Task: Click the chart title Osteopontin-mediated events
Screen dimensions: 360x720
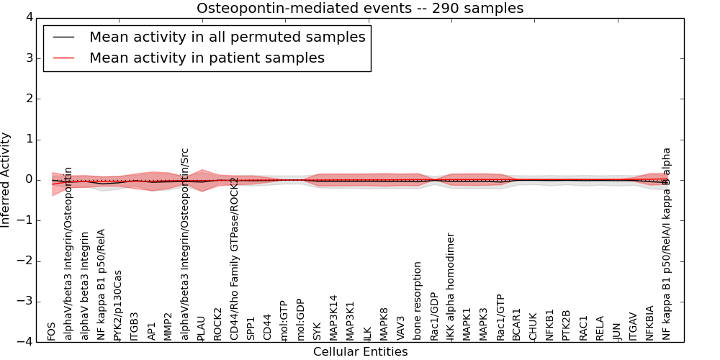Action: [x=360, y=9]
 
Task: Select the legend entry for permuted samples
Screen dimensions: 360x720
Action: [x=227, y=37]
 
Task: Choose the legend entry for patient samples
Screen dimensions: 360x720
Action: [x=207, y=58]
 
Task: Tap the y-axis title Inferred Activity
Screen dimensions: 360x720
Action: [x=6, y=180]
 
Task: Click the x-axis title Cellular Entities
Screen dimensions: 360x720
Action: [x=360, y=352]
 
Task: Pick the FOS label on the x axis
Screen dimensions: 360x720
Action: [x=51, y=331]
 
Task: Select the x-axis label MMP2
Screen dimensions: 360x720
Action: [x=168, y=326]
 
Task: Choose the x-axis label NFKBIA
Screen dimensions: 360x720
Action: [x=650, y=323]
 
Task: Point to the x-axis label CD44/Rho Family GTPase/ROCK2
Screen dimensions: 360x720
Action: [x=234, y=258]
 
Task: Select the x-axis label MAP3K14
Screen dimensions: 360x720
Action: [x=334, y=318]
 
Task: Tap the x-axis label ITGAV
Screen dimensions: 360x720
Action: [x=634, y=326]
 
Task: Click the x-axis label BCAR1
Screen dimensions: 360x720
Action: [x=516, y=325]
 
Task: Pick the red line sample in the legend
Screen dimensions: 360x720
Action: [x=62, y=58]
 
